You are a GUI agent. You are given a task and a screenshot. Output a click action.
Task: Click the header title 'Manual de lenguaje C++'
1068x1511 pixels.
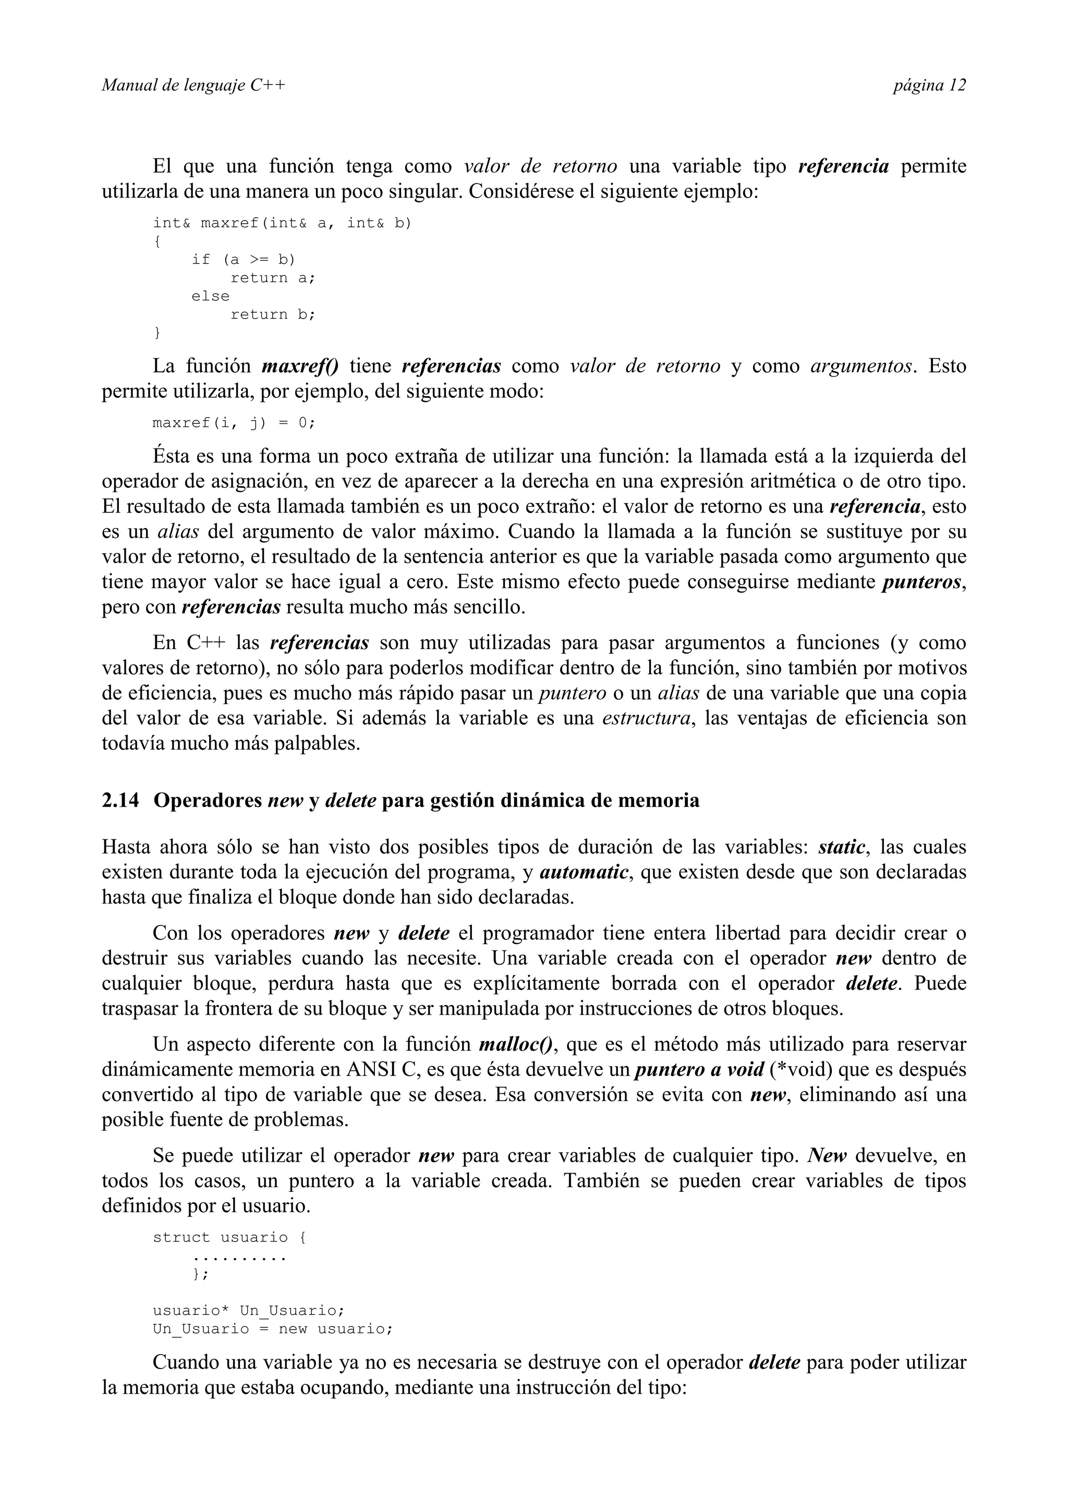(193, 86)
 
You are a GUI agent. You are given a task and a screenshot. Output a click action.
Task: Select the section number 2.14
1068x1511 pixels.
(120, 801)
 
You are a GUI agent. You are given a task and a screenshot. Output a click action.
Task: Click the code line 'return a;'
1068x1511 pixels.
(272, 278)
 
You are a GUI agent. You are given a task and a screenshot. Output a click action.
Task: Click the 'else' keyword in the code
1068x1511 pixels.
(211, 296)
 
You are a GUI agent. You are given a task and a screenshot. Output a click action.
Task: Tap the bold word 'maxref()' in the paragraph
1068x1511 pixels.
(299, 366)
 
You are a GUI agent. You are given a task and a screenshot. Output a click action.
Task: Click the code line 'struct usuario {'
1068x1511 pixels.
(229, 1237)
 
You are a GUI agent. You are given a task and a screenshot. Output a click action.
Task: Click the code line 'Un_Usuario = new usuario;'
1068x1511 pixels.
(272, 1329)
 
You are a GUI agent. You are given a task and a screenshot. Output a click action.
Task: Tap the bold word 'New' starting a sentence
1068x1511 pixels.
(827, 1155)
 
